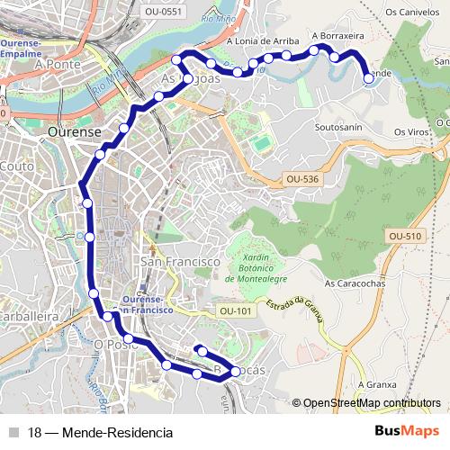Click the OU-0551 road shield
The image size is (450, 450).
(x=163, y=11)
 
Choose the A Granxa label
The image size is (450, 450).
(x=376, y=384)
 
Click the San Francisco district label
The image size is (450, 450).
(x=181, y=261)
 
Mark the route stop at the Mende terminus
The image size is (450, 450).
(x=369, y=79)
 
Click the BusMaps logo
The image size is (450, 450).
(x=407, y=431)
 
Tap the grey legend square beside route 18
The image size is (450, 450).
(x=13, y=431)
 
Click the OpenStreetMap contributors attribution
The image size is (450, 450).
(x=371, y=403)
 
